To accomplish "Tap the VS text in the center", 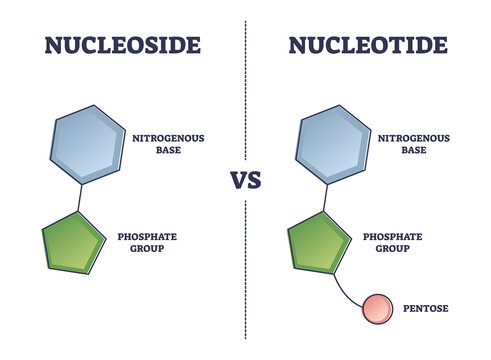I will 247,182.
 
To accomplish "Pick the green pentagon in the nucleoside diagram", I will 72,244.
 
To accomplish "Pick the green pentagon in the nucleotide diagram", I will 319,244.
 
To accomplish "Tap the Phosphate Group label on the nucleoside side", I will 150,242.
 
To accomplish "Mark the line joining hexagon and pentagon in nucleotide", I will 325,197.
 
